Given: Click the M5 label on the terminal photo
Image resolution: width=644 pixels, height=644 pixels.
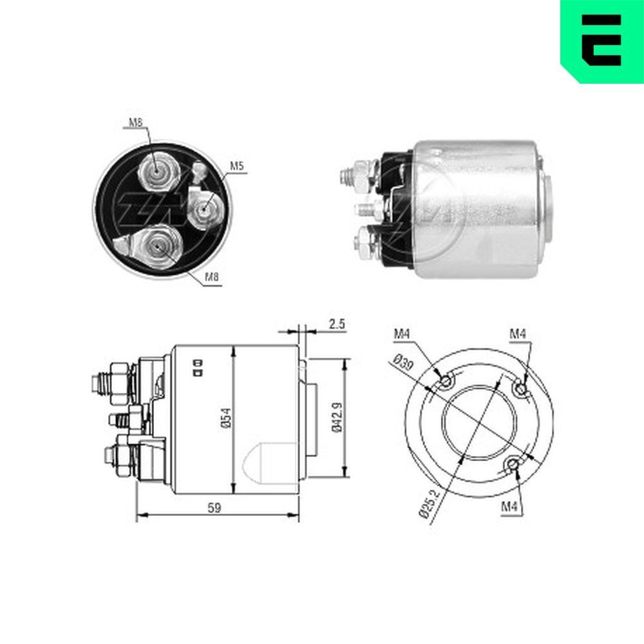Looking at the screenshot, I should point(237,166).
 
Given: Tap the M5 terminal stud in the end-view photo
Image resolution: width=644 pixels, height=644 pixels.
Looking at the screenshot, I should point(205,207).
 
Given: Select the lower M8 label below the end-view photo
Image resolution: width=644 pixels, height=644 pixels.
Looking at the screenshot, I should point(212,278).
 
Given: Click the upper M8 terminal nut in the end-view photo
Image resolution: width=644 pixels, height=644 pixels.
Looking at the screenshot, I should point(156,171).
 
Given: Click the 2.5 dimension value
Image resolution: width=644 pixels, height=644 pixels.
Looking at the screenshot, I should point(336,324).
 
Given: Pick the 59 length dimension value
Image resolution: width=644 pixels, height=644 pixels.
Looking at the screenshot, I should point(214,508).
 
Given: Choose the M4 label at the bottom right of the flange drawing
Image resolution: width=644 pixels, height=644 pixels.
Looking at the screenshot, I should point(510,506).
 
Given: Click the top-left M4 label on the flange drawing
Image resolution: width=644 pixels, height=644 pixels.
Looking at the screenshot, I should point(402,334).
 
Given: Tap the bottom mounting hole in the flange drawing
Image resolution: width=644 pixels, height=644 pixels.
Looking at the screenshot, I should point(513,465).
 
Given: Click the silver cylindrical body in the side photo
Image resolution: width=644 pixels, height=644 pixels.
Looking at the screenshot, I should point(477,209).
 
